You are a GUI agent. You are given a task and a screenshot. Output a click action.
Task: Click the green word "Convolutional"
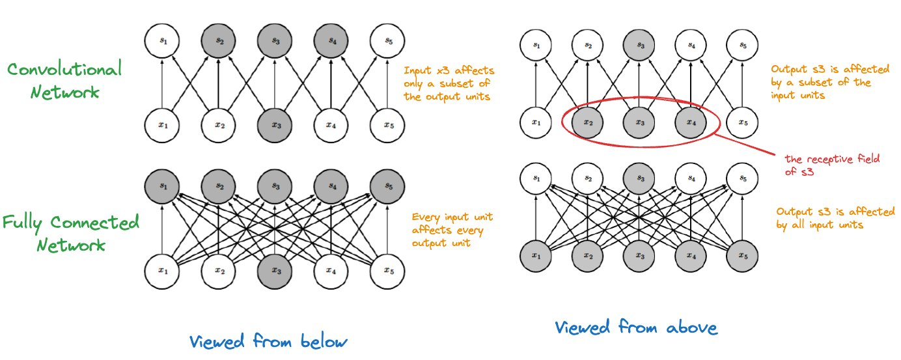tap(64, 69)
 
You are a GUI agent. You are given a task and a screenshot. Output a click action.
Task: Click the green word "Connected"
tap(94, 223)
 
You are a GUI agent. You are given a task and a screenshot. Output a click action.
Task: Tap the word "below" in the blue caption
tap(324, 341)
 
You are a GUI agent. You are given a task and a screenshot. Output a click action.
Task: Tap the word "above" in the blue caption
tap(692, 328)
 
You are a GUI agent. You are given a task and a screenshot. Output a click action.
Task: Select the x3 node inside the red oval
tap(639, 122)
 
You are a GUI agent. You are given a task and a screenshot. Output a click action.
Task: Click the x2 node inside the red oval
tap(587, 122)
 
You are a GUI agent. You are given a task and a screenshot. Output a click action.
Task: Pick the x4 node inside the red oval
tap(691, 122)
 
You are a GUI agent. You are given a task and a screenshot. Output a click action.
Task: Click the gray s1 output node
tap(162, 186)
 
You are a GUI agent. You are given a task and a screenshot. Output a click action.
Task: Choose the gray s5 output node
tap(387, 186)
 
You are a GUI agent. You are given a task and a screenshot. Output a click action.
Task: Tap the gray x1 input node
tap(536, 256)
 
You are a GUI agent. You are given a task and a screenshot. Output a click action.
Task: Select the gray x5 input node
tap(742, 256)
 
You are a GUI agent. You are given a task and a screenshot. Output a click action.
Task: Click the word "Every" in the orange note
tap(426, 217)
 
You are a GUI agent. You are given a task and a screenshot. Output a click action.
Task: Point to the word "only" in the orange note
tap(413, 84)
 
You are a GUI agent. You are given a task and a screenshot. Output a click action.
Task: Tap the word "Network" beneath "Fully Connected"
tap(71, 245)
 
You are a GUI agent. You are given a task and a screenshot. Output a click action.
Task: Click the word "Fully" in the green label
tap(22, 223)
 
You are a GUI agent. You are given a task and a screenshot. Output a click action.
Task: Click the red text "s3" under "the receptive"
tap(807, 172)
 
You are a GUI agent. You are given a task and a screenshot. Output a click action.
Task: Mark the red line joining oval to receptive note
tap(744, 144)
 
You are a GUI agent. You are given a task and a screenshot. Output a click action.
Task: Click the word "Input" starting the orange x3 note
tap(417, 71)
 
